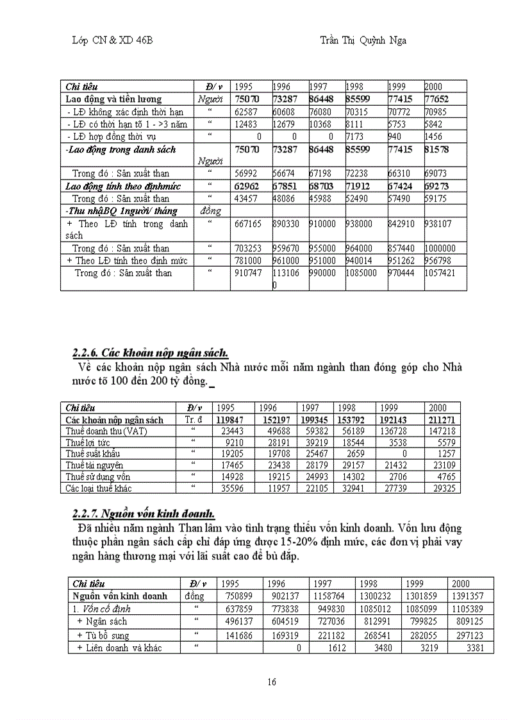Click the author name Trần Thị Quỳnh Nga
click(363, 40)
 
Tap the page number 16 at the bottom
click(272, 682)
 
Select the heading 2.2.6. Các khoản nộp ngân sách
click(150, 353)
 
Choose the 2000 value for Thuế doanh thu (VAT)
click(442, 431)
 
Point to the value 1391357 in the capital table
click(470, 596)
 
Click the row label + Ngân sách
click(102, 621)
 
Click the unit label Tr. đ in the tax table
click(194, 420)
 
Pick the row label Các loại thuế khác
click(99, 488)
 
